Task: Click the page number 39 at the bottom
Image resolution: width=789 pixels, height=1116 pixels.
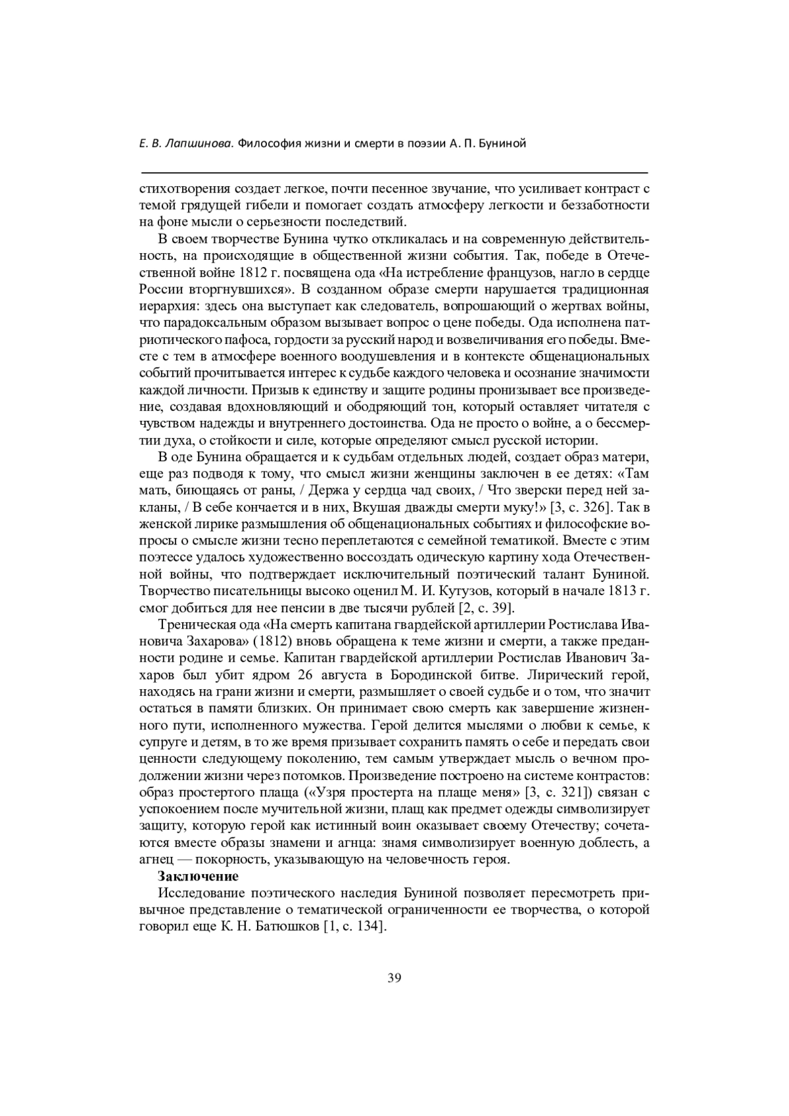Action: (x=394, y=977)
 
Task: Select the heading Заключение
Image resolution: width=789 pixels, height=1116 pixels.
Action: (x=198, y=876)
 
